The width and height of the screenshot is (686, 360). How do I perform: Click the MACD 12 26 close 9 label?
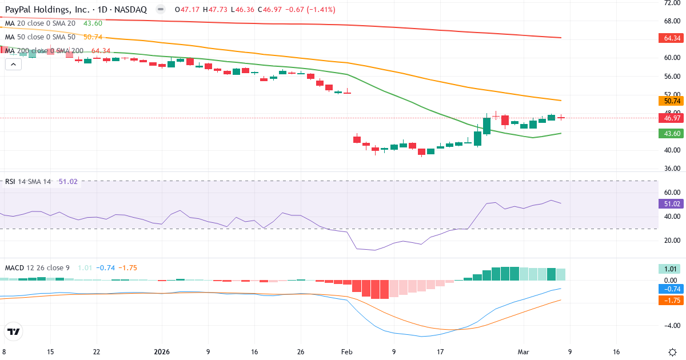click(38, 267)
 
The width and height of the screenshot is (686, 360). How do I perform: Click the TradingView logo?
click(13, 331)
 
